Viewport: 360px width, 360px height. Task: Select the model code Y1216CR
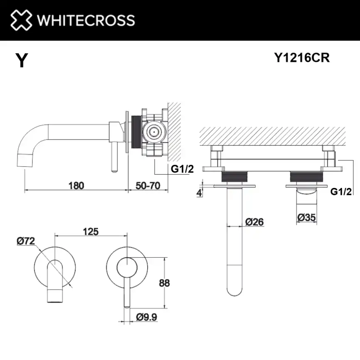tap(302, 58)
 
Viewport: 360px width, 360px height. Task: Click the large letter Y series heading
tap(22, 61)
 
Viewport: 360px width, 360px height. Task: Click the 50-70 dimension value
tap(148, 185)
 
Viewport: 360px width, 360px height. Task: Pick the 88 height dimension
tap(164, 283)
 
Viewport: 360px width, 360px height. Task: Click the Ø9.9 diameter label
tap(146, 317)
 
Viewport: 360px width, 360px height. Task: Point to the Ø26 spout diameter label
tap(254, 222)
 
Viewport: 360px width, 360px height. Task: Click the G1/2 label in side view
tap(183, 168)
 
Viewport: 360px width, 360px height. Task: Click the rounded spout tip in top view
tap(234, 287)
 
